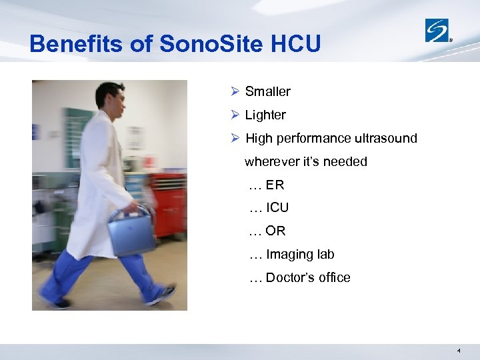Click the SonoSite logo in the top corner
[x=438, y=30]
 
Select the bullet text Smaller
[x=267, y=91]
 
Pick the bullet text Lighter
[x=265, y=115]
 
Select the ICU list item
[x=277, y=208]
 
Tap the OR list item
[x=275, y=231]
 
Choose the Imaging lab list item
[x=299, y=254]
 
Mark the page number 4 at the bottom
[x=459, y=350]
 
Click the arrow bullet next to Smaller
[x=234, y=91]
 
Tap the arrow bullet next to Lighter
[x=234, y=115]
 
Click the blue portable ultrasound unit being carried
[x=131, y=230]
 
